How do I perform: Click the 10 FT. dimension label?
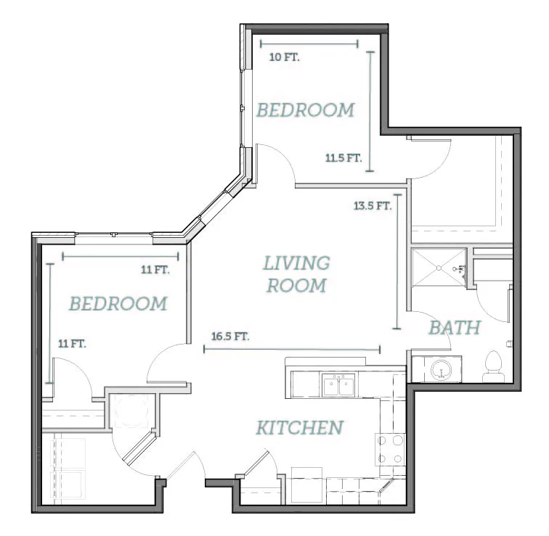click(285, 57)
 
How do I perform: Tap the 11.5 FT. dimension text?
click(343, 158)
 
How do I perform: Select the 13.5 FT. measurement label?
click(373, 206)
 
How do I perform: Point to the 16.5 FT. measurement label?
click(230, 337)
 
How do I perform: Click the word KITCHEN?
click(300, 428)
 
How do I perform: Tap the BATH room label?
click(455, 328)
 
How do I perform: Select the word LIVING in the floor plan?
click(296, 263)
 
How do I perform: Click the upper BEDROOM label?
click(306, 110)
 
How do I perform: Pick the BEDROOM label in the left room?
click(118, 303)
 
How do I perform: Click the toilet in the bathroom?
click(494, 366)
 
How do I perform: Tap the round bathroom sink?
click(442, 370)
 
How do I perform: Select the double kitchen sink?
click(338, 385)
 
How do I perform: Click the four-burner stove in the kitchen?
click(390, 449)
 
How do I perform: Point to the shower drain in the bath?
click(439, 268)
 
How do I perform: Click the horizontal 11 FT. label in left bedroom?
click(155, 270)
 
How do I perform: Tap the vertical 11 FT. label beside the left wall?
click(72, 344)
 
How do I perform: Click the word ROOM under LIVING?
click(296, 286)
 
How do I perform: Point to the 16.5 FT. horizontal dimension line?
click(292, 349)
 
